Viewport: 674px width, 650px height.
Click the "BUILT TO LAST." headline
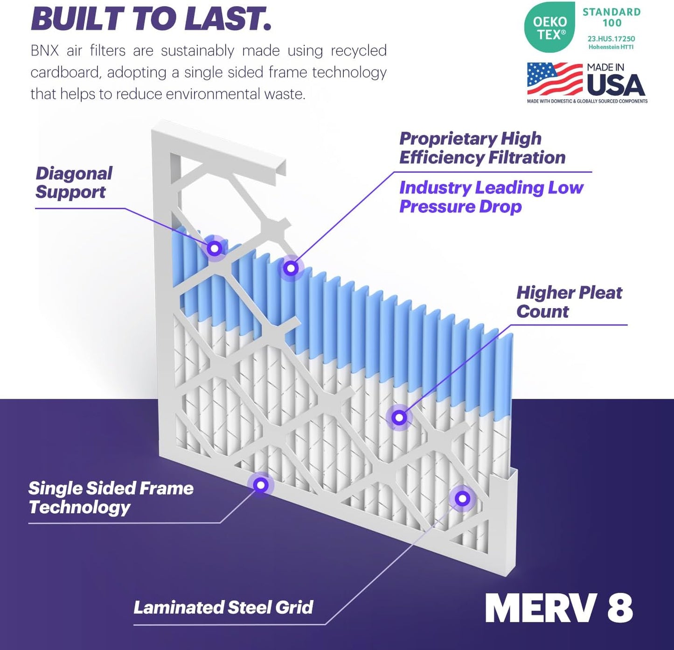(151, 19)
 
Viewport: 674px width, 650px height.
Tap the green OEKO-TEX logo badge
(549, 28)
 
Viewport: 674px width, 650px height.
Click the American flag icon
(555, 79)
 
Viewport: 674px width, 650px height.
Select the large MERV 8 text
(559, 608)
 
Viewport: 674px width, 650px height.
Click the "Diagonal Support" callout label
(74, 183)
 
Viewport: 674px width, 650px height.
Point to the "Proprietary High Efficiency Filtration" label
(482, 148)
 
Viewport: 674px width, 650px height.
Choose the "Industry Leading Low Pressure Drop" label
(491, 197)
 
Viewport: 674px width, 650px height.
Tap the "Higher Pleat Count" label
(569, 302)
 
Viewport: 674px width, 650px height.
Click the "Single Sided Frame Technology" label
(111, 497)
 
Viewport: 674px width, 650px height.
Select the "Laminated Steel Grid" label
(223, 607)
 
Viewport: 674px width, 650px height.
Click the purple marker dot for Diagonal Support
(215, 248)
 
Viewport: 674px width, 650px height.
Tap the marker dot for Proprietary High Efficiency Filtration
(291, 268)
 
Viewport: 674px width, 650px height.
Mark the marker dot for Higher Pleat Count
(399, 417)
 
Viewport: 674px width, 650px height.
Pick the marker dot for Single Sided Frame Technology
(261, 485)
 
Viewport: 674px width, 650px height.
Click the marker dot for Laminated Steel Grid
(462, 499)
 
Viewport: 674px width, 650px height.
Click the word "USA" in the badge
(616, 85)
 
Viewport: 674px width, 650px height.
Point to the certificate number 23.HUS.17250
(611, 39)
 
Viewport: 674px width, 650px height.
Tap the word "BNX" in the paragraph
(45, 50)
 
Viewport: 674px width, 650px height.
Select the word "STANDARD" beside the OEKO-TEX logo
(611, 12)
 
